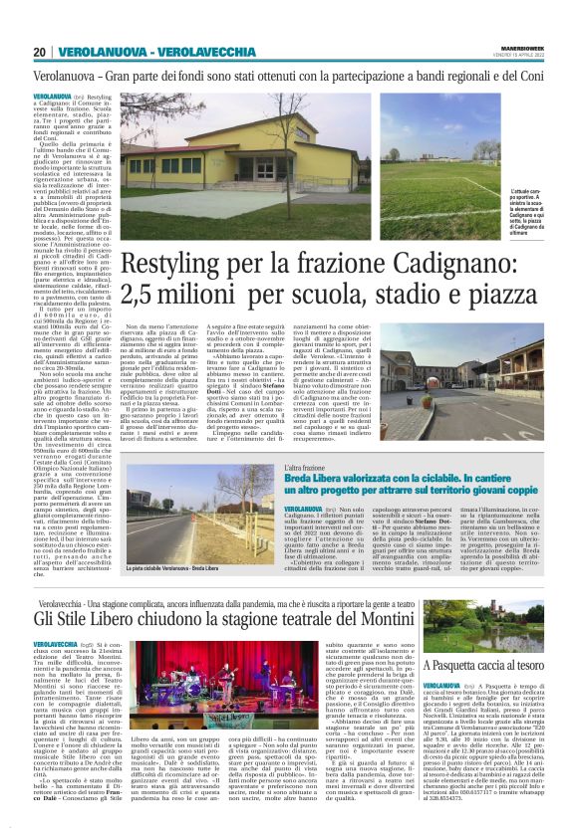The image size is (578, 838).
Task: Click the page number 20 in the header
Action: click(39, 53)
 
